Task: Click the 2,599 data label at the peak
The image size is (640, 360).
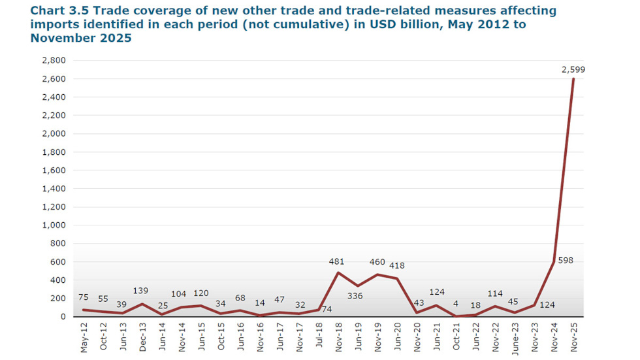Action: click(574, 69)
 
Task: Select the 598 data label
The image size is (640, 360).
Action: click(566, 261)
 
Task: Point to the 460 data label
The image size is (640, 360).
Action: click(377, 262)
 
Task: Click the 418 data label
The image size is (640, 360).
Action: click(397, 266)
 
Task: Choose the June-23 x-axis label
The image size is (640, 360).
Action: click(515, 337)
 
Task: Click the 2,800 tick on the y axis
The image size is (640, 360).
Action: click(54, 61)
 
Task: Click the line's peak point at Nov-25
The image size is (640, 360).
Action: click(574, 79)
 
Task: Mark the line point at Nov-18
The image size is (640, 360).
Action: click(338, 272)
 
